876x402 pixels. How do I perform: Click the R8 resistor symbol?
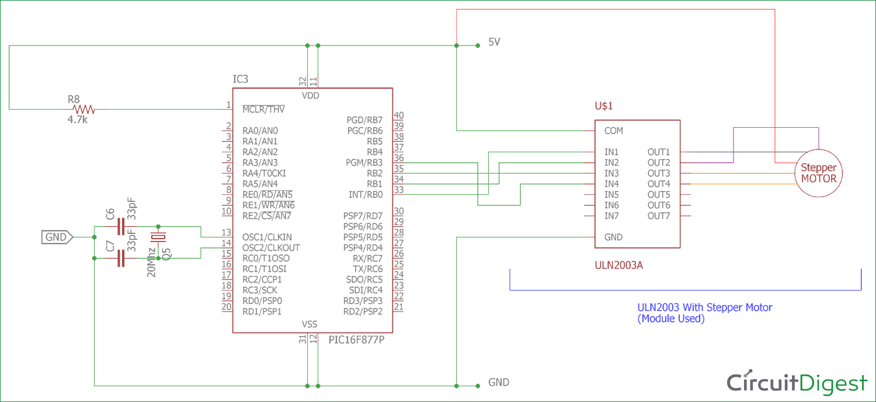click(x=83, y=109)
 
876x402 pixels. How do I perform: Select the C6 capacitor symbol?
click(x=121, y=226)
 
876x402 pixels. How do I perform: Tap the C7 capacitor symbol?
click(x=121, y=258)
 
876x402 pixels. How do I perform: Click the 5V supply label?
click(x=494, y=43)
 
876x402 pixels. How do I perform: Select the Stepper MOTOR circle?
click(x=818, y=173)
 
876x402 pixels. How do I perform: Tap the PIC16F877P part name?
click(x=357, y=340)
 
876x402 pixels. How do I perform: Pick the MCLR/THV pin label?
click(x=263, y=109)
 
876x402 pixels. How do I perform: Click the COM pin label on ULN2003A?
click(x=614, y=131)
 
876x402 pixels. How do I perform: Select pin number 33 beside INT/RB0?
click(x=399, y=190)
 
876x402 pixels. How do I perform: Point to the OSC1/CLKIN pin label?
click(x=267, y=237)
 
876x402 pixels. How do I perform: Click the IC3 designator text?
click(x=243, y=79)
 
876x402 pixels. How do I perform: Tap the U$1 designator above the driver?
click(x=604, y=106)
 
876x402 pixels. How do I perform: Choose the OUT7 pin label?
click(x=659, y=216)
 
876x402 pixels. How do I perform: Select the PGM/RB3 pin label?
click(x=364, y=163)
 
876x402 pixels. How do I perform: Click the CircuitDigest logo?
click(x=797, y=382)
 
